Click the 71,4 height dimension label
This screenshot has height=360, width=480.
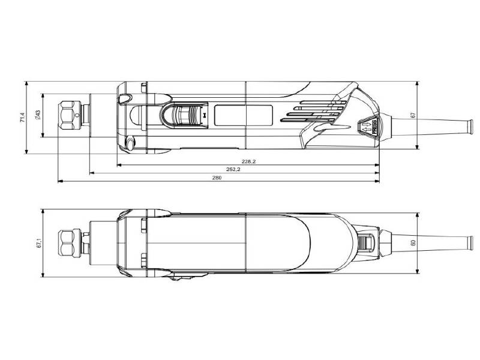click(x=23, y=116)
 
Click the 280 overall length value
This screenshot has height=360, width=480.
click(x=217, y=179)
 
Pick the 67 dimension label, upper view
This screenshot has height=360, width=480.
click(x=413, y=115)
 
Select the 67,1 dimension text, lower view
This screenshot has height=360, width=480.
click(x=38, y=244)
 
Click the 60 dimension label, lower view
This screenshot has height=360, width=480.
click(x=413, y=243)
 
